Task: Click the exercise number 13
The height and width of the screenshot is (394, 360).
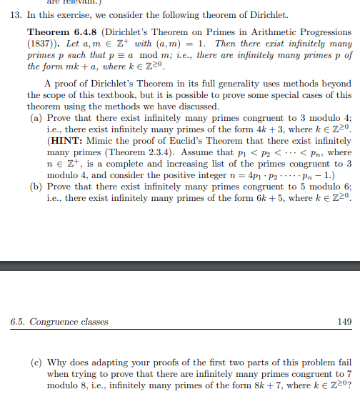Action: [11, 14]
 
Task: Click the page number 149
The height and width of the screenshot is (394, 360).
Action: [344, 322]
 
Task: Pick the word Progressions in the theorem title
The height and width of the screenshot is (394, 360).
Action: [316, 33]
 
